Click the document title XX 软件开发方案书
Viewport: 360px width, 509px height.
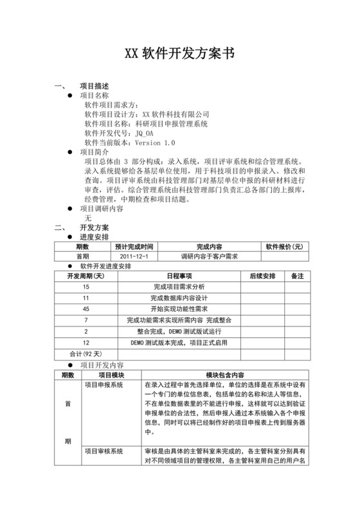point(179,54)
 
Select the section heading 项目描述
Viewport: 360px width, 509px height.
point(94,86)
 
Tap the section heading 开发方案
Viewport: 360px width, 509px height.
point(94,228)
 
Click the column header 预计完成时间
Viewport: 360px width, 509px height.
point(134,246)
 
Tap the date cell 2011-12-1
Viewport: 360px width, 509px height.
point(134,256)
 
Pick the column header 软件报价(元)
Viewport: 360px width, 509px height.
point(283,246)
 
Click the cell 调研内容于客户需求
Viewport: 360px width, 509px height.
point(209,256)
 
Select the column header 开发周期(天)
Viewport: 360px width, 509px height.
point(86,276)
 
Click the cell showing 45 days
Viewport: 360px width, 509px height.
point(86,308)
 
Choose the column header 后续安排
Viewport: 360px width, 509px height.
point(262,276)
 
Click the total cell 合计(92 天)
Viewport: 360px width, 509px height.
point(85,353)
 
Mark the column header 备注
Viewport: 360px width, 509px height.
point(296,276)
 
